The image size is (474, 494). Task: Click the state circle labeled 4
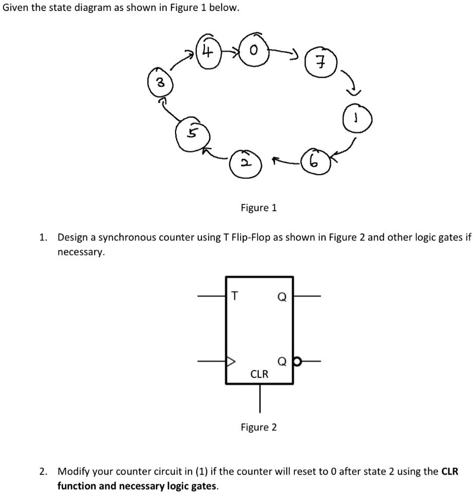[207, 52]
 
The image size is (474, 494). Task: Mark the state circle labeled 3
[160, 83]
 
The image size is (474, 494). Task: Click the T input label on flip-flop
[234, 296]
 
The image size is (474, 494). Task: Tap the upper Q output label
[282, 297]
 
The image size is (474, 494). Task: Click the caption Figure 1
[259, 208]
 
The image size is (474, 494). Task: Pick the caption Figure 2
[259, 427]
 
